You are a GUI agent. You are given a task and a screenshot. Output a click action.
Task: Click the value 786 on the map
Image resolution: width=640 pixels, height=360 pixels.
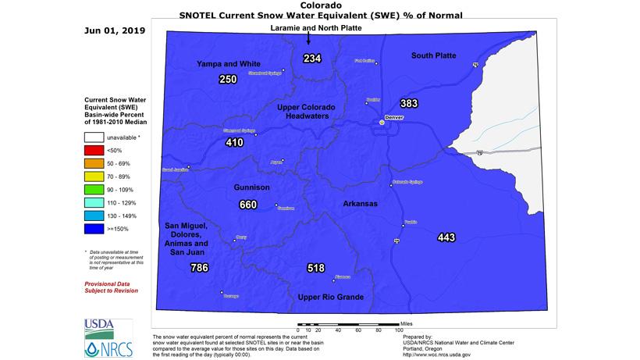(199, 268)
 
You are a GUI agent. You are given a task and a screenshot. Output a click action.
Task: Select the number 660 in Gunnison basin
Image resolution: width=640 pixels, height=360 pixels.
(247, 205)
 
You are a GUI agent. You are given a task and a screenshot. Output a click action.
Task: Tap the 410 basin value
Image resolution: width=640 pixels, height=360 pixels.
(235, 142)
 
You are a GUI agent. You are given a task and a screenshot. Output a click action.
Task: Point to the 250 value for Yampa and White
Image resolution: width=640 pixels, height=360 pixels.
(228, 79)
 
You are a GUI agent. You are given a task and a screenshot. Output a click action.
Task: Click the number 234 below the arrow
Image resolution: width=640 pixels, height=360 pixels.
(312, 59)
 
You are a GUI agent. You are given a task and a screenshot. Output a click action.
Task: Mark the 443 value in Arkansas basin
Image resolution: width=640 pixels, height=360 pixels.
(446, 237)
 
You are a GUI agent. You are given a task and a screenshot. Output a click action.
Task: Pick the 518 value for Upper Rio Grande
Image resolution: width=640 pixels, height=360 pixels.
(315, 268)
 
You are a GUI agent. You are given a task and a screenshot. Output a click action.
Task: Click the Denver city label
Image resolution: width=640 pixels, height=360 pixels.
(394, 117)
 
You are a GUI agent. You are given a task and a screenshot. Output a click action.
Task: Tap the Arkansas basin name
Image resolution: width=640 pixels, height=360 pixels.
(360, 203)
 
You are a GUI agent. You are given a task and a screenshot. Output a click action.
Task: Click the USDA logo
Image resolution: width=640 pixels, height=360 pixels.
(98, 325)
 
